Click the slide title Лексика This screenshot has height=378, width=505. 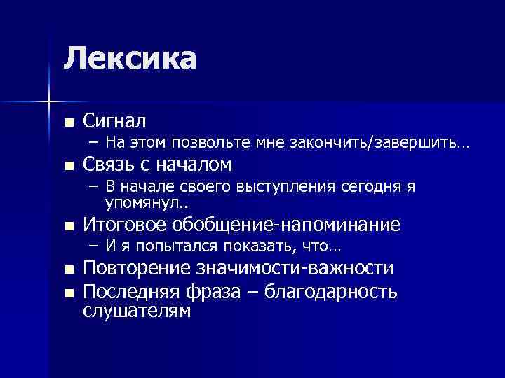(x=129, y=58)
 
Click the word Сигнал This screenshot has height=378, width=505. (x=115, y=121)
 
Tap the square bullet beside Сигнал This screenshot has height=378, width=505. (x=68, y=122)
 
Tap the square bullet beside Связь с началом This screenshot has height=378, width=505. (x=68, y=166)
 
